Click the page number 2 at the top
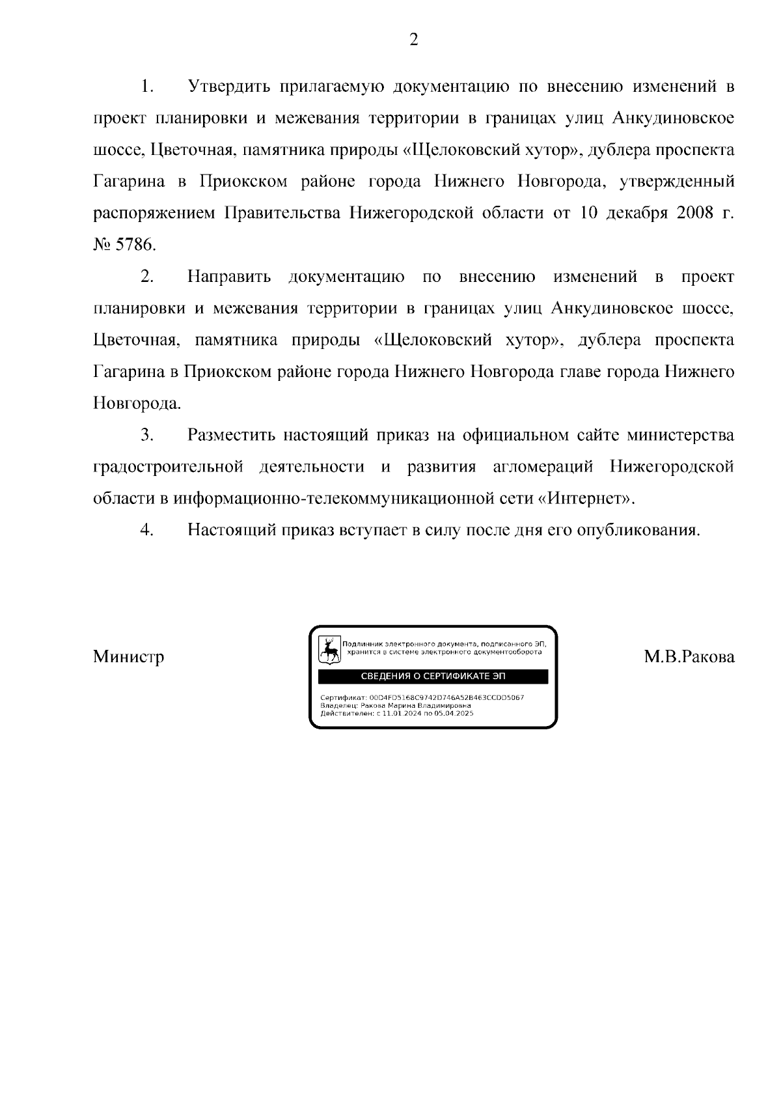pos(413,40)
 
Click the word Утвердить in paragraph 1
pos(230,86)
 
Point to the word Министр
pos(128,656)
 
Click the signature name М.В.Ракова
pos(689,656)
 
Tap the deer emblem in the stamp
pos(331,650)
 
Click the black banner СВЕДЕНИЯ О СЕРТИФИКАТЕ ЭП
pos(433,677)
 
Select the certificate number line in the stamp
pos(422,697)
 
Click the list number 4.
pos(146,530)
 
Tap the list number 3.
pos(146,435)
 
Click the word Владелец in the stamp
pos(336,706)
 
